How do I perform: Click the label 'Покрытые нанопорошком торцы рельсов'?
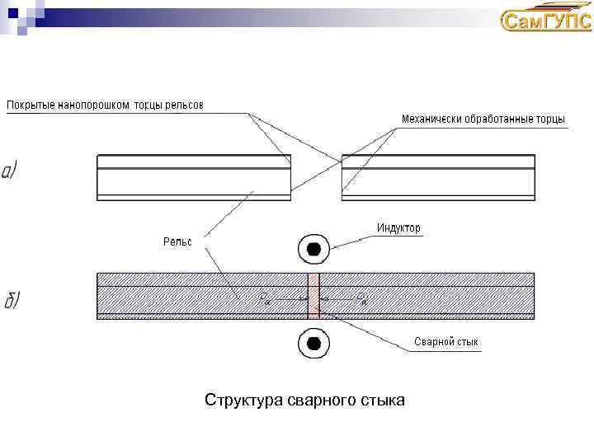coord(105,105)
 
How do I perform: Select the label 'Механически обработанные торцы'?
coord(483,119)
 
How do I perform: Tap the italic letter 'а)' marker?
coord(11,171)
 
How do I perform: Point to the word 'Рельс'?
coord(177,241)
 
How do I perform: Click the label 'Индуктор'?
coord(398,227)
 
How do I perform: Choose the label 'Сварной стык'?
coord(445,341)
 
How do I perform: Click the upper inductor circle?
coord(313,248)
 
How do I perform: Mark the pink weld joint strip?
coord(313,295)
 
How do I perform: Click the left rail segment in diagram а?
coord(194,176)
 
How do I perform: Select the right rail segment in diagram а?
coord(438,176)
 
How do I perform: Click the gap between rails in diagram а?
coord(317,176)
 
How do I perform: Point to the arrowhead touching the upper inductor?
coord(332,244)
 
